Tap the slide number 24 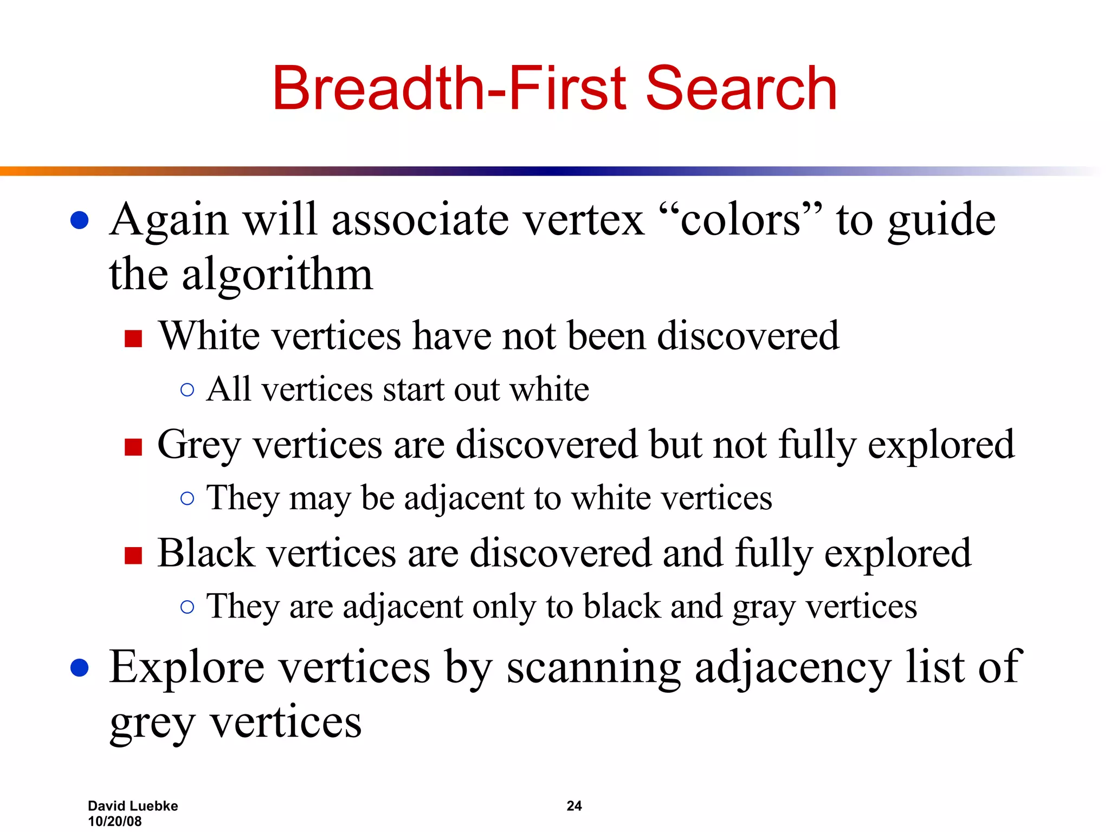[x=574, y=806]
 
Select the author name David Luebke [x=133, y=806]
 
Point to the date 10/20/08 [x=114, y=821]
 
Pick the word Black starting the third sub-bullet [x=206, y=554]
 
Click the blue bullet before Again [x=80, y=220]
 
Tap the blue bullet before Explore [x=80, y=668]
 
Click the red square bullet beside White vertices [x=133, y=339]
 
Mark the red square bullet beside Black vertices [x=133, y=556]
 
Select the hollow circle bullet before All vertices [x=187, y=390]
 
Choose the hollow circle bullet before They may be [x=187, y=498]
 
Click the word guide [x=941, y=221]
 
